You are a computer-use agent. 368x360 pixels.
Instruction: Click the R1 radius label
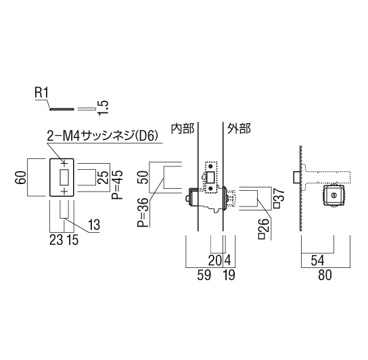[41, 93]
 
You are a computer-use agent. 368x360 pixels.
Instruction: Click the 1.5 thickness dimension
[103, 108]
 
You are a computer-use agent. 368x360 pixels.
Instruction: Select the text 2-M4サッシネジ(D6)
[102, 136]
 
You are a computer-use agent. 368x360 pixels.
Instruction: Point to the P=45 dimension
[117, 185]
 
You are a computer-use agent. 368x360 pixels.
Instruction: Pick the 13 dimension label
[94, 225]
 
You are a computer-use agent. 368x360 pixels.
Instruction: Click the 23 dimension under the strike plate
[56, 240]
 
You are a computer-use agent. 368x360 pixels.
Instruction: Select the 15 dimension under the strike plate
[72, 240]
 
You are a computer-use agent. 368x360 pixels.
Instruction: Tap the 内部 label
[183, 129]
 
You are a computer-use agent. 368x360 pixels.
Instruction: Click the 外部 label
[239, 129]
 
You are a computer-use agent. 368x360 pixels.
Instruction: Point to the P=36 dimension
[143, 212]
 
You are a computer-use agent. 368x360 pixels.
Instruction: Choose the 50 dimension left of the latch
[144, 177]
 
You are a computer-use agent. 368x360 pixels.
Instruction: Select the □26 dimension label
[263, 229]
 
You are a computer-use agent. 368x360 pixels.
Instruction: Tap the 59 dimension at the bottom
[204, 275]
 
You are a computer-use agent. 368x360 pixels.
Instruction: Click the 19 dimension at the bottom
[229, 275]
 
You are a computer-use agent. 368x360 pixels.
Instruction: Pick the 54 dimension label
[317, 261]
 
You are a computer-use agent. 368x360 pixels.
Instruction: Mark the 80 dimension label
[325, 275]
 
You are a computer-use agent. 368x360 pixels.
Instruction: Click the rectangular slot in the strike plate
[64, 177]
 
